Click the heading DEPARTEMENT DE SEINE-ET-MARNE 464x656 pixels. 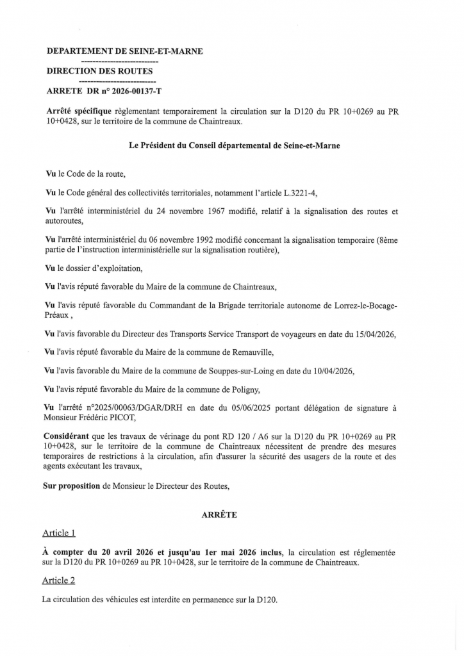(x=125, y=51)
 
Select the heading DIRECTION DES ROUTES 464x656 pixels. (x=100, y=71)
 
